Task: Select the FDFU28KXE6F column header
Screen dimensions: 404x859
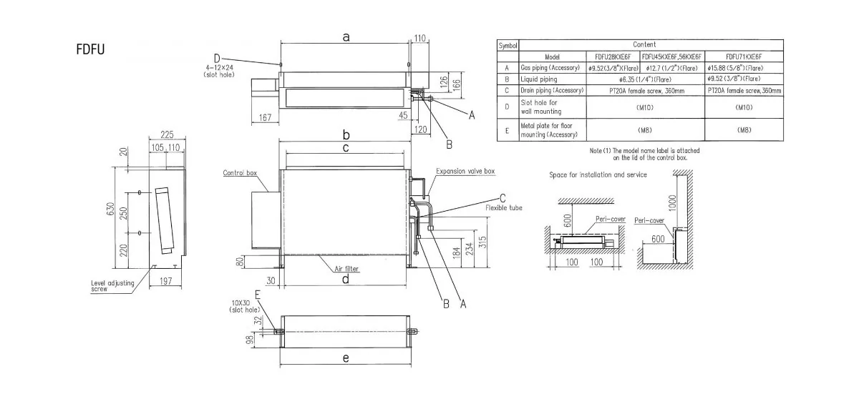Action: (612, 56)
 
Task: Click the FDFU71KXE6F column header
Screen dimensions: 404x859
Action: (744, 56)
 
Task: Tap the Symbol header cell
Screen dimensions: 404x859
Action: (508, 45)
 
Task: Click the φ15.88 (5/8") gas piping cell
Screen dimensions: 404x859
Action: (744, 68)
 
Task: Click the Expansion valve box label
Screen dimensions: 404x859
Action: (465, 172)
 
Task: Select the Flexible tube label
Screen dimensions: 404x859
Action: (504, 207)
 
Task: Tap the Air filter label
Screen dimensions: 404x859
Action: (347, 269)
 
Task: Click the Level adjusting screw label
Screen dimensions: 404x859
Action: (112, 286)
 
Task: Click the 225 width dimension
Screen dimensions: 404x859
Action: (168, 134)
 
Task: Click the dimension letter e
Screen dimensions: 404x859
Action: (345, 358)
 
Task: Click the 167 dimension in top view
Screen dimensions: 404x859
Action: (266, 118)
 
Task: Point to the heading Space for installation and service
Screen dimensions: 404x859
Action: (598, 174)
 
